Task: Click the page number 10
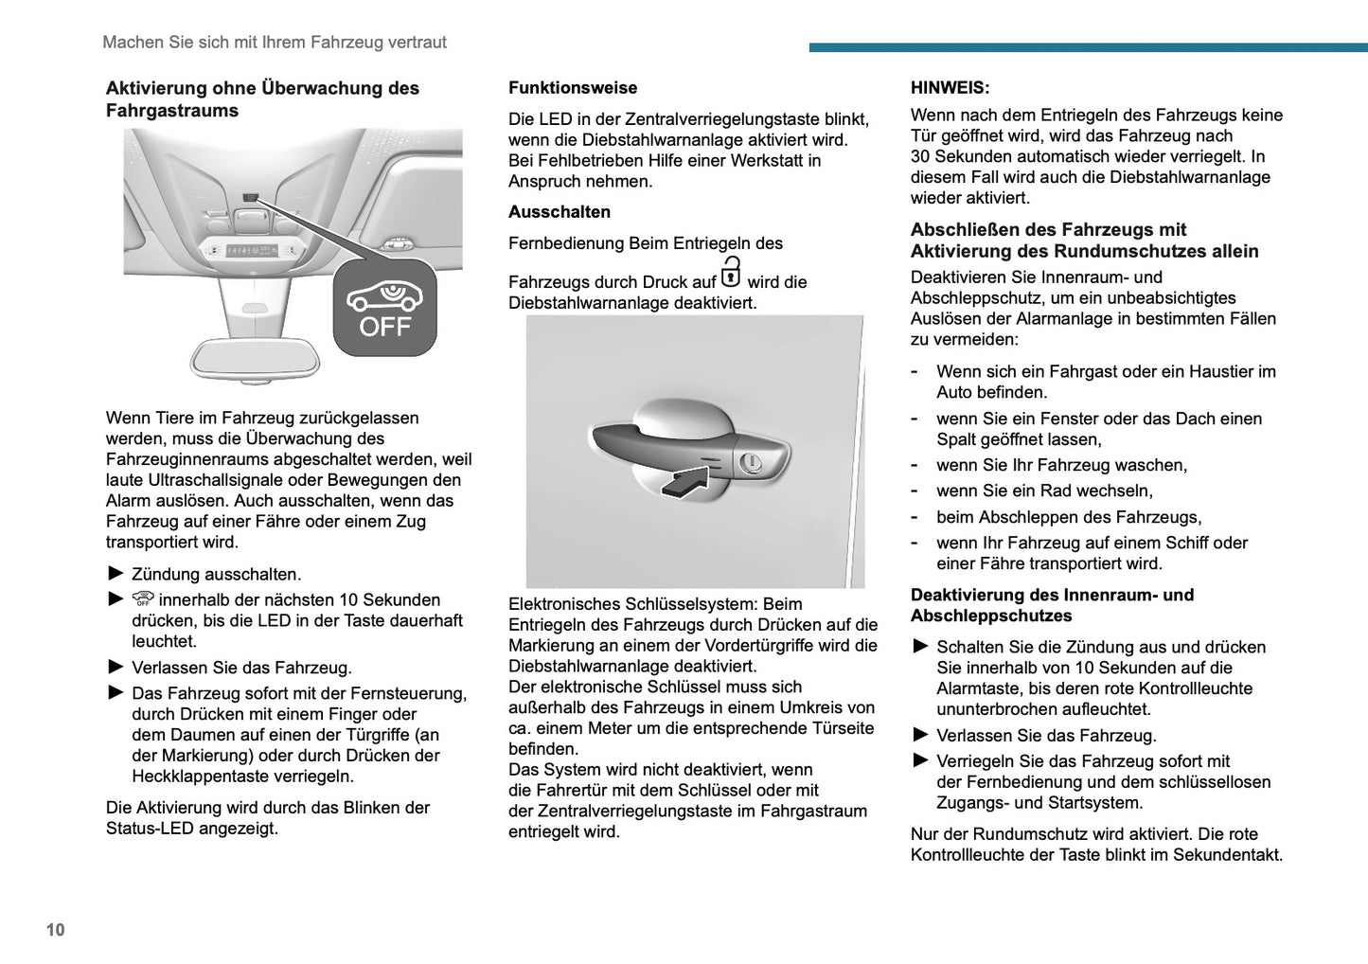55,930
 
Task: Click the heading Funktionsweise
573,88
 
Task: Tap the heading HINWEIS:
950,88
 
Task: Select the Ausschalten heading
560,212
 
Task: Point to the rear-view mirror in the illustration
255,359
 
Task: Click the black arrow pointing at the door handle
684,480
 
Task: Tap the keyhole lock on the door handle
751,462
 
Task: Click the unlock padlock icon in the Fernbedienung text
731,273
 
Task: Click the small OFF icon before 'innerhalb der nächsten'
143,599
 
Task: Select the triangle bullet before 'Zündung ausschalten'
115,573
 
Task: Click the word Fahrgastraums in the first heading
172,111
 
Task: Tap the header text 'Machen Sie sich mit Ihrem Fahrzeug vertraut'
275,43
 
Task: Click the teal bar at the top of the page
1088,47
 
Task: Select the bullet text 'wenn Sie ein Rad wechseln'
1044,491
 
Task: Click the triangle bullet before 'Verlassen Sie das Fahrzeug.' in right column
920,735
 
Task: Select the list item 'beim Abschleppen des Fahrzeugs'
1069,517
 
